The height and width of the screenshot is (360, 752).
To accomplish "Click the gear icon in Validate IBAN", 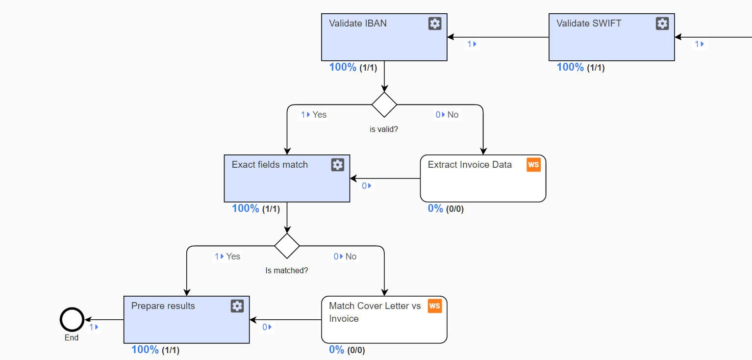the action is pyautogui.click(x=435, y=24).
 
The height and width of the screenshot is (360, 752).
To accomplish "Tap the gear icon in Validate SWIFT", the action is pyautogui.click(x=662, y=24).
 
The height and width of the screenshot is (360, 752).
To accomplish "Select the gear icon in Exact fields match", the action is pyautogui.click(x=337, y=165).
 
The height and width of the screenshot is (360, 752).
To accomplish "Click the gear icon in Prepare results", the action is pyautogui.click(x=237, y=306).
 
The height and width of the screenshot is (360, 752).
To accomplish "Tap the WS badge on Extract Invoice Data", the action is pyautogui.click(x=533, y=165).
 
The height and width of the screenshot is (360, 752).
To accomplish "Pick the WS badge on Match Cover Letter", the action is pyautogui.click(x=435, y=306).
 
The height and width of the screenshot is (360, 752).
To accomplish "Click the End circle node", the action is pyautogui.click(x=72, y=319).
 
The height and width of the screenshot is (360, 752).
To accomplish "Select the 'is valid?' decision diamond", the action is pyautogui.click(x=384, y=105).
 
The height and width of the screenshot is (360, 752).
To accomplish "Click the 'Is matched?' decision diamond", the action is pyautogui.click(x=287, y=246).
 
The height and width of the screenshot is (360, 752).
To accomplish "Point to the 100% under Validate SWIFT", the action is pyautogui.click(x=570, y=67).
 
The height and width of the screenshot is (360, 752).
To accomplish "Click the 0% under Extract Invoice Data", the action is pyautogui.click(x=435, y=208).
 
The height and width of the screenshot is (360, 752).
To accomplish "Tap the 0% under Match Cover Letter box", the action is pyautogui.click(x=336, y=350).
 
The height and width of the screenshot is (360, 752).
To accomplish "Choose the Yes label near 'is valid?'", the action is pyautogui.click(x=319, y=115).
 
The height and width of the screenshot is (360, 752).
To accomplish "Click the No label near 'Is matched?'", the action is pyautogui.click(x=351, y=257).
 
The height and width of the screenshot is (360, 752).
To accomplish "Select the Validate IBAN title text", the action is pyautogui.click(x=357, y=24).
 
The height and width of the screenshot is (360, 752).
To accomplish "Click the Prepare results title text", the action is pyautogui.click(x=163, y=306).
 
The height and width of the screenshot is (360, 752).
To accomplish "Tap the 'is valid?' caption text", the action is pyautogui.click(x=384, y=129).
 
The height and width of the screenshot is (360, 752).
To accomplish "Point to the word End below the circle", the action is pyautogui.click(x=72, y=337).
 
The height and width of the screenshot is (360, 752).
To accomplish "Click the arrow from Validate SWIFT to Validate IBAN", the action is pyautogui.click(x=498, y=37).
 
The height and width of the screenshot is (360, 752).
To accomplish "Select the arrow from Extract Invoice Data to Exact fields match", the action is pyautogui.click(x=385, y=179).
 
